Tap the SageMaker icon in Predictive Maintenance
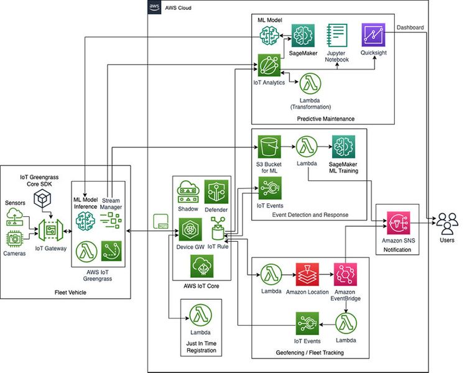pos(303,36)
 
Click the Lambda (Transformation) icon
pos(309,85)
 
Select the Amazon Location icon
pos(307,274)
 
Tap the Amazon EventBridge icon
pos(345,274)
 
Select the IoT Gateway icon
pos(50,231)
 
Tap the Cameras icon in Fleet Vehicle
pos(16,238)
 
